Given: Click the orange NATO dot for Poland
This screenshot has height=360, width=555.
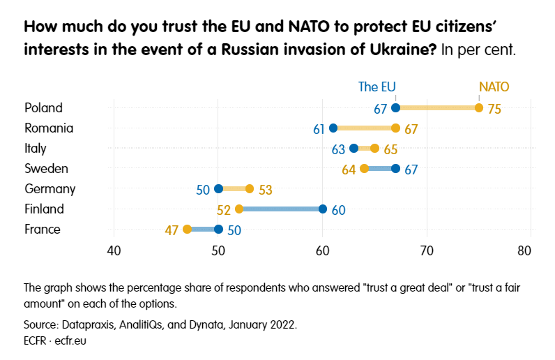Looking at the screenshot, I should [479, 107].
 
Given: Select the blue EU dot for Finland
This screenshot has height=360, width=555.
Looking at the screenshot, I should [323, 209].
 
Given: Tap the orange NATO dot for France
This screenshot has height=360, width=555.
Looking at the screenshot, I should [187, 229].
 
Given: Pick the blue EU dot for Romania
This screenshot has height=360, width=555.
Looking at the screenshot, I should [333, 128].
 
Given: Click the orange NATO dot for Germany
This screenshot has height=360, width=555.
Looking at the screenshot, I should [250, 188].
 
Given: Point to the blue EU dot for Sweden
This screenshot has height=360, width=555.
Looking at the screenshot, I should [395, 168].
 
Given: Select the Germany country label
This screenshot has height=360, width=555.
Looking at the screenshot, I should [50, 188].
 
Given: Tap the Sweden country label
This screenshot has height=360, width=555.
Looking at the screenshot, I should [46, 168].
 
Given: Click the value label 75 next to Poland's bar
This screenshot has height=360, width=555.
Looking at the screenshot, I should [494, 109].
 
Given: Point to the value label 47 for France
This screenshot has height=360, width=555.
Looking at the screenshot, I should [172, 230].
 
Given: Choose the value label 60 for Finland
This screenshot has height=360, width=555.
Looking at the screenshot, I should [339, 209].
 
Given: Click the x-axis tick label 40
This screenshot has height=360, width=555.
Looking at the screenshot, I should [114, 250].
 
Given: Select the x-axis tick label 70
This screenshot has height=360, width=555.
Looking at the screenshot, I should [427, 250].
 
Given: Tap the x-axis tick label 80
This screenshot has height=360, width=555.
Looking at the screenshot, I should [529, 250].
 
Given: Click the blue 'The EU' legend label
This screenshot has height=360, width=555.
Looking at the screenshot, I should [377, 87].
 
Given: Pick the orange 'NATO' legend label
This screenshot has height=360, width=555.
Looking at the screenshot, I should [493, 87].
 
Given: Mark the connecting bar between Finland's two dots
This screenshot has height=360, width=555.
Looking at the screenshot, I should [281, 209].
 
